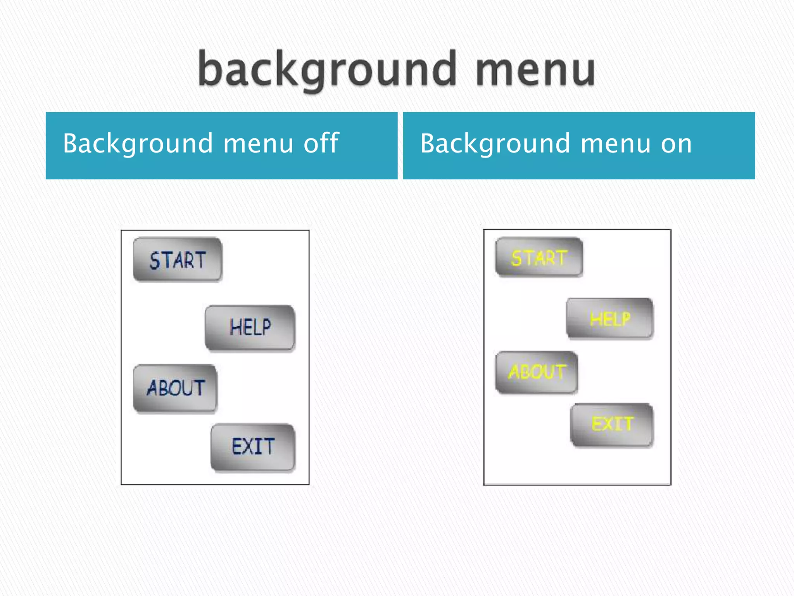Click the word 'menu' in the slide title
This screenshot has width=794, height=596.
(x=535, y=70)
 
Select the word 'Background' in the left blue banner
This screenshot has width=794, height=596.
(x=138, y=144)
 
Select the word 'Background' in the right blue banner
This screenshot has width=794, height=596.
(x=495, y=144)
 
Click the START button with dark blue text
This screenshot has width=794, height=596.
(x=178, y=260)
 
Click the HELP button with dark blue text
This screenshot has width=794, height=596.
(x=250, y=327)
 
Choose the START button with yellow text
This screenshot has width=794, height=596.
(x=539, y=257)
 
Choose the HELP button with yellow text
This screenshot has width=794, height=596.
(x=610, y=318)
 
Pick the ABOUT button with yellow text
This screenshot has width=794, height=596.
(x=537, y=372)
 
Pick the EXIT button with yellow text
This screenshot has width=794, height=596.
(x=612, y=424)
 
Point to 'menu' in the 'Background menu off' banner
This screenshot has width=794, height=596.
(x=258, y=144)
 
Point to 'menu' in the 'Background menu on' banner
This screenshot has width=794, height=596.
(x=615, y=144)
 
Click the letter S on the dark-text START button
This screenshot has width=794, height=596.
(x=155, y=260)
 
